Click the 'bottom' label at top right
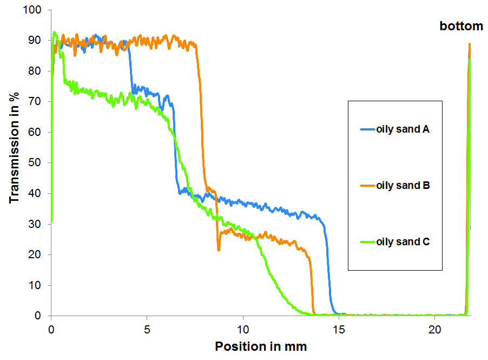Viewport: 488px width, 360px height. point(460,26)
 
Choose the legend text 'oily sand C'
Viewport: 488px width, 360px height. point(403,242)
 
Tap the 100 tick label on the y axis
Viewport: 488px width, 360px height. point(32,10)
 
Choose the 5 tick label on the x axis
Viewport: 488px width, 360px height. point(147,329)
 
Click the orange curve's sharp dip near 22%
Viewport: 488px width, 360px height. point(219,250)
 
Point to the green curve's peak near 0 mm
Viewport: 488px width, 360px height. point(55,33)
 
